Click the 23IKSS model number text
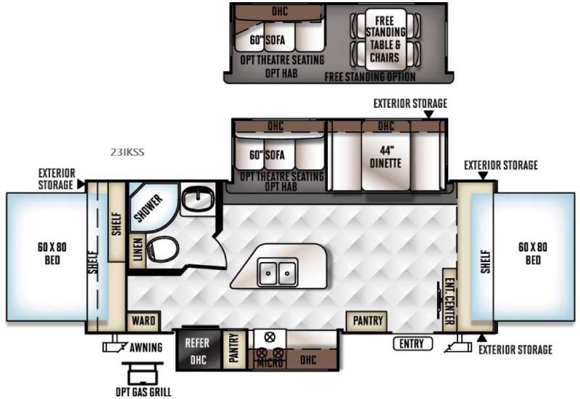tap(128, 152)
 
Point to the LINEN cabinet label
tap(137, 250)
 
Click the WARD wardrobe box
tap(144, 321)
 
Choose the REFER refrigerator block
tap(198, 350)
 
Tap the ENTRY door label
tap(413, 344)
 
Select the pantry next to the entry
tap(367, 321)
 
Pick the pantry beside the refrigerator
tap(234, 349)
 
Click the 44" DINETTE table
tap(386, 156)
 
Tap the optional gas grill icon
tap(143, 374)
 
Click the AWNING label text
tap(146, 348)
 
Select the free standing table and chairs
tap(385, 40)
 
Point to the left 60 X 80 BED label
tap(52, 253)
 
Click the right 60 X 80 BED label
tap(533, 253)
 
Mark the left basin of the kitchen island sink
tap(268, 273)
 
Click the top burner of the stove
tap(270, 337)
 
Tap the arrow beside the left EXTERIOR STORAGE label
tap(80, 184)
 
